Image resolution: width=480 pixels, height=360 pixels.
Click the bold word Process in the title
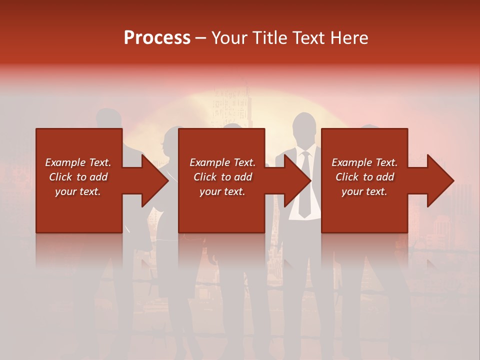pyautogui.click(x=157, y=38)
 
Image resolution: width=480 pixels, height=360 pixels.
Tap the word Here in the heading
pyautogui.click(x=349, y=38)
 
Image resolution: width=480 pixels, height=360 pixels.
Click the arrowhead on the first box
pyautogui.click(x=155, y=180)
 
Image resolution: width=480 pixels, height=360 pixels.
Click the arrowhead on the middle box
pyautogui.click(x=297, y=180)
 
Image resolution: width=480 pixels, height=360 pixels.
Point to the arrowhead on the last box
pyautogui.click(x=440, y=180)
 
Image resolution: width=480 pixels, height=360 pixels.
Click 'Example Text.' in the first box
pyautogui.click(x=78, y=162)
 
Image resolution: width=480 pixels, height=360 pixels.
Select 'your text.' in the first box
pyautogui.click(x=78, y=191)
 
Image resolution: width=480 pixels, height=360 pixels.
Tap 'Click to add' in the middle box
pyautogui.click(x=222, y=177)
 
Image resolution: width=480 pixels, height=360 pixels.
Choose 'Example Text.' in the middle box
pyautogui.click(x=222, y=162)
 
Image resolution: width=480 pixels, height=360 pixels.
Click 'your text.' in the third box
pyautogui.click(x=364, y=191)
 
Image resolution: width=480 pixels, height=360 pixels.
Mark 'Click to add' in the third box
pyautogui.click(x=364, y=177)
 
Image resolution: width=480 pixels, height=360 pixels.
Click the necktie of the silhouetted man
pyautogui.click(x=304, y=185)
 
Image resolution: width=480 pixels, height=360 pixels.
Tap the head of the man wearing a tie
pyautogui.click(x=303, y=127)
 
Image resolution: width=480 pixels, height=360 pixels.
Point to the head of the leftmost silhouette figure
pyautogui.click(x=109, y=119)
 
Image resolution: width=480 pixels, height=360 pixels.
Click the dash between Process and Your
pyautogui.click(x=201, y=38)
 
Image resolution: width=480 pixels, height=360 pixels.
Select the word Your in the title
pyautogui.click(x=228, y=38)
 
